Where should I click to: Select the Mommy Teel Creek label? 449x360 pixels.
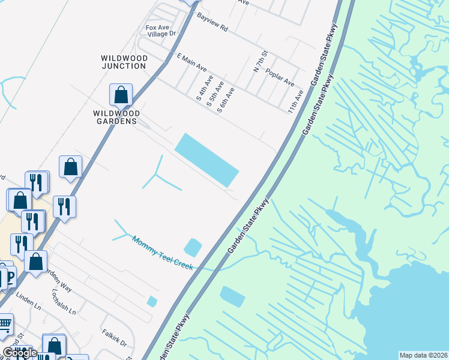pos(163,253)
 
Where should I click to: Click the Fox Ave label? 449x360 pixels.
pos(155,28)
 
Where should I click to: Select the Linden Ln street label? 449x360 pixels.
pos(26,297)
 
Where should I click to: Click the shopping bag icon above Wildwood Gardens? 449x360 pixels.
pos(121,95)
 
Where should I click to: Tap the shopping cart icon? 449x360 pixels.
pos(5,325)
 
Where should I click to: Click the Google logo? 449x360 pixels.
pos(19,353)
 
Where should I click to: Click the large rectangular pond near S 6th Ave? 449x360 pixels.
pos(206,160)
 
